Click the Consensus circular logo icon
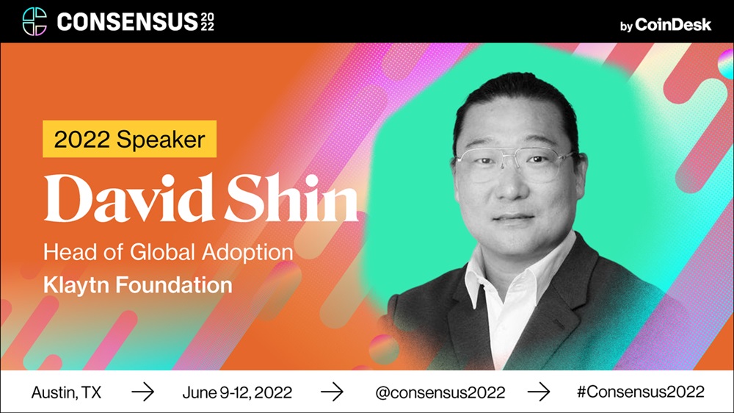click(34, 21)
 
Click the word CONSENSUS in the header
click(127, 22)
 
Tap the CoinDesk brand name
click(673, 24)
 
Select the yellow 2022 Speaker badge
click(130, 139)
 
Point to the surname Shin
click(291, 198)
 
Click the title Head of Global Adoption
click(168, 253)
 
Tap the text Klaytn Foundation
click(138, 285)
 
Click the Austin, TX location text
click(66, 392)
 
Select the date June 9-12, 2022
click(237, 392)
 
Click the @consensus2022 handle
click(440, 392)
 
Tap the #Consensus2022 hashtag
click(640, 392)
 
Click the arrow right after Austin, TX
click(143, 392)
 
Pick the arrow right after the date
click(332, 392)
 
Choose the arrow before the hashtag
click(539, 392)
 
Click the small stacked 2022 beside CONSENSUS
click(208, 22)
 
